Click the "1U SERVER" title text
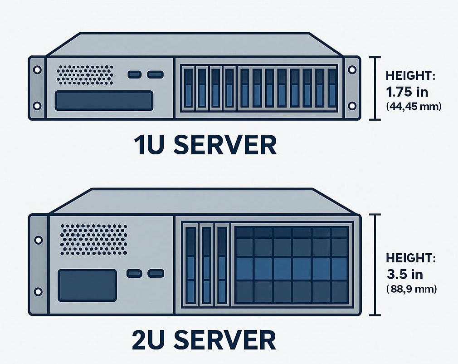205,145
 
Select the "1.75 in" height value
407,92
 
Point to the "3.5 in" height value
404,275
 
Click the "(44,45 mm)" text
413,107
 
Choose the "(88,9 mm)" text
412,289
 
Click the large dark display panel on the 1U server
104,100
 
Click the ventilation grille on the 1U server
85,74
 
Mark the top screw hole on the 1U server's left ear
37,70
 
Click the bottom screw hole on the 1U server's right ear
352,106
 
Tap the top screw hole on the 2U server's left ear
39,239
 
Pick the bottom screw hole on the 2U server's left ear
39,291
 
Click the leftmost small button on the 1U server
135,74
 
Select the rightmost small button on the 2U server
156,273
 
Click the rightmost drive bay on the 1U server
332,89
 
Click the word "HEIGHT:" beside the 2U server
410,258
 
